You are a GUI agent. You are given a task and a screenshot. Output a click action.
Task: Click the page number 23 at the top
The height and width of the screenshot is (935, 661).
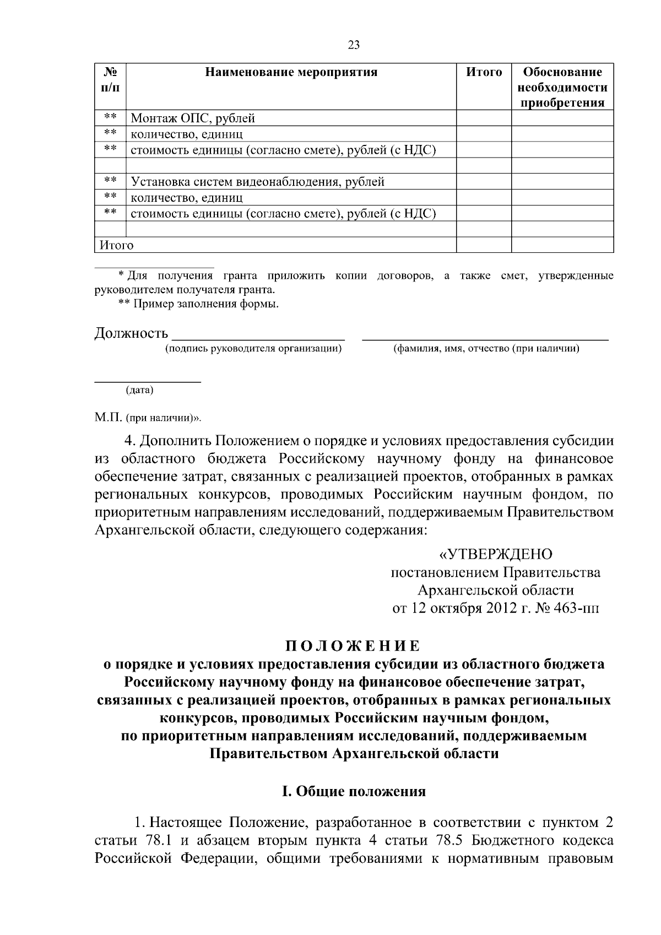coord(354,45)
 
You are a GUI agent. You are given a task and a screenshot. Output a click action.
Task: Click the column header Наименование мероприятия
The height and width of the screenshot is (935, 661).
coord(291,72)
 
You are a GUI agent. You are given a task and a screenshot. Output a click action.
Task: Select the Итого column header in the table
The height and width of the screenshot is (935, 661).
coord(484,72)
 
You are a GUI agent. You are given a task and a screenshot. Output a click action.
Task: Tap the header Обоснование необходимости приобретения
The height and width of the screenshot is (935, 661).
coord(562,88)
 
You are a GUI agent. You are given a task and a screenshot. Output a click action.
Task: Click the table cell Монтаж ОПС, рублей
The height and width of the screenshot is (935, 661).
coord(193,118)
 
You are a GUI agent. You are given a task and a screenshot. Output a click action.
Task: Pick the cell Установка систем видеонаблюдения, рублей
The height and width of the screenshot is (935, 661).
coord(257,182)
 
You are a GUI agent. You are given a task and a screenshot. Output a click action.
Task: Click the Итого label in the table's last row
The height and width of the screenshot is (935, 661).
coord(116,245)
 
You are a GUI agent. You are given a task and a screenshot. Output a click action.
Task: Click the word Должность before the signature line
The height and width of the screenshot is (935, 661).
coord(131,333)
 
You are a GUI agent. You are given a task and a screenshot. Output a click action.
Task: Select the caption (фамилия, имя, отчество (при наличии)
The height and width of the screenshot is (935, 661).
coord(485,349)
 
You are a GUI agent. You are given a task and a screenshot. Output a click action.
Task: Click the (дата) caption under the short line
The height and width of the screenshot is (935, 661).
coord(140,391)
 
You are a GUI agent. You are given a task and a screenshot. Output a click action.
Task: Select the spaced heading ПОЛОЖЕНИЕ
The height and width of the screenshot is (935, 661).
coord(353,646)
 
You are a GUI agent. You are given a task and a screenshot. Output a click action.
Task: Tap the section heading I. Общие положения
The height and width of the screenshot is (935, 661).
coord(354,792)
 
